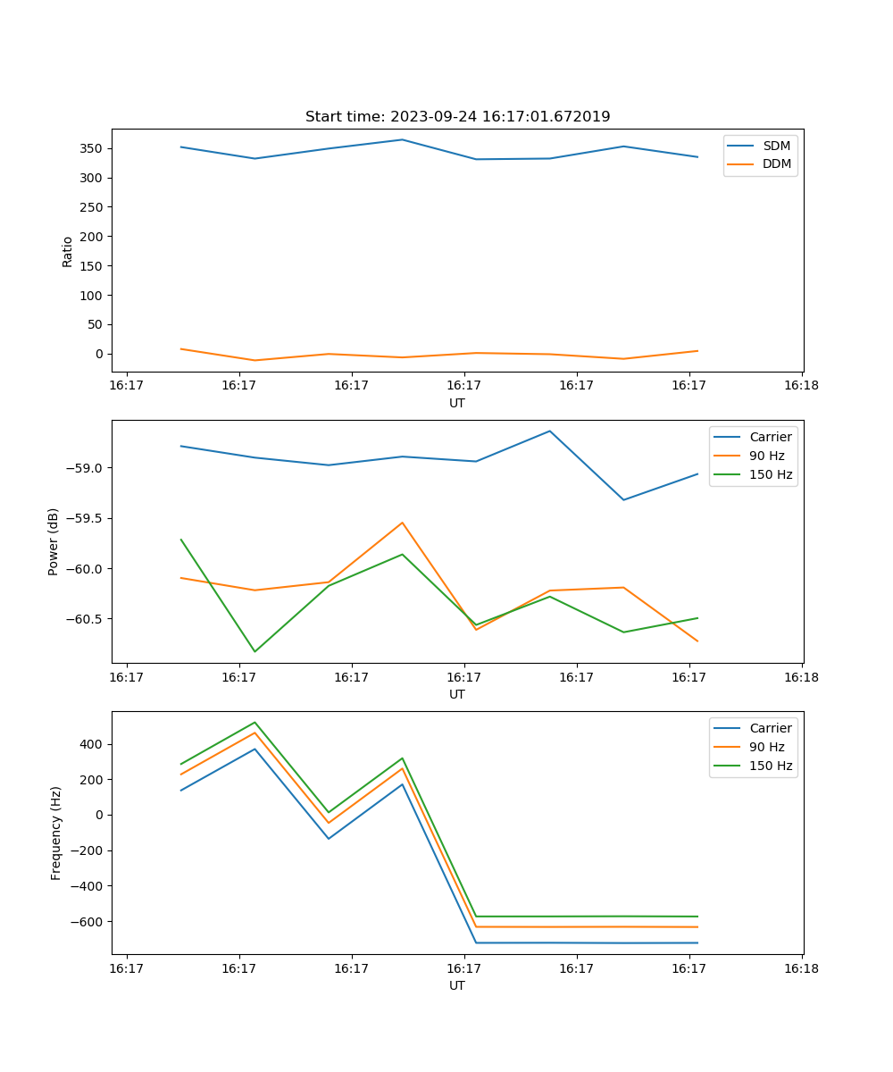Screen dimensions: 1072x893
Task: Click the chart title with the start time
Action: [457, 117]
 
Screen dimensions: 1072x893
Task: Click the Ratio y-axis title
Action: [67, 251]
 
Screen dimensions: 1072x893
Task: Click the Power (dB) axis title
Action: [54, 541]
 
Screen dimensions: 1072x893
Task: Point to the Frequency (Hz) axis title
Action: [55, 833]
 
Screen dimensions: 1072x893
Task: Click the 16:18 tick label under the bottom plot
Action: [801, 968]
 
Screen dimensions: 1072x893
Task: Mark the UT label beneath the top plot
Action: [457, 403]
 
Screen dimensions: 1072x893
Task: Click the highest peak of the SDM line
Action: [402, 139]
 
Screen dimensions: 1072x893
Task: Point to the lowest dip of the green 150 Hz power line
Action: [255, 651]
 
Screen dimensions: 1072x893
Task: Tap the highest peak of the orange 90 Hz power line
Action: [402, 523]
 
